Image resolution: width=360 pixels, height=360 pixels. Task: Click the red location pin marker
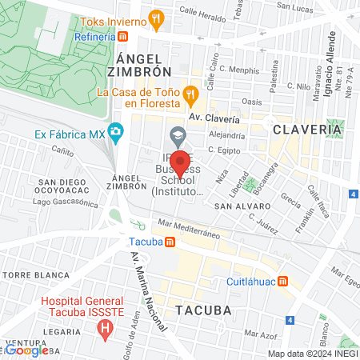tap(181, 162)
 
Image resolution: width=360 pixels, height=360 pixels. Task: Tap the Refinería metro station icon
tap(122, 37)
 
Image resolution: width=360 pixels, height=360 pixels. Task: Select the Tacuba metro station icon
tap(169, 242)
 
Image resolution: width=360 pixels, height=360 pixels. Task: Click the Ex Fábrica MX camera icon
tap(116, 131)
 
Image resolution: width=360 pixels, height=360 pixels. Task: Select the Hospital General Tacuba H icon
tap(103, 328)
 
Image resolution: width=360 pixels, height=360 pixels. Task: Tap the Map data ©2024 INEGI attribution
tap(311, 354)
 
